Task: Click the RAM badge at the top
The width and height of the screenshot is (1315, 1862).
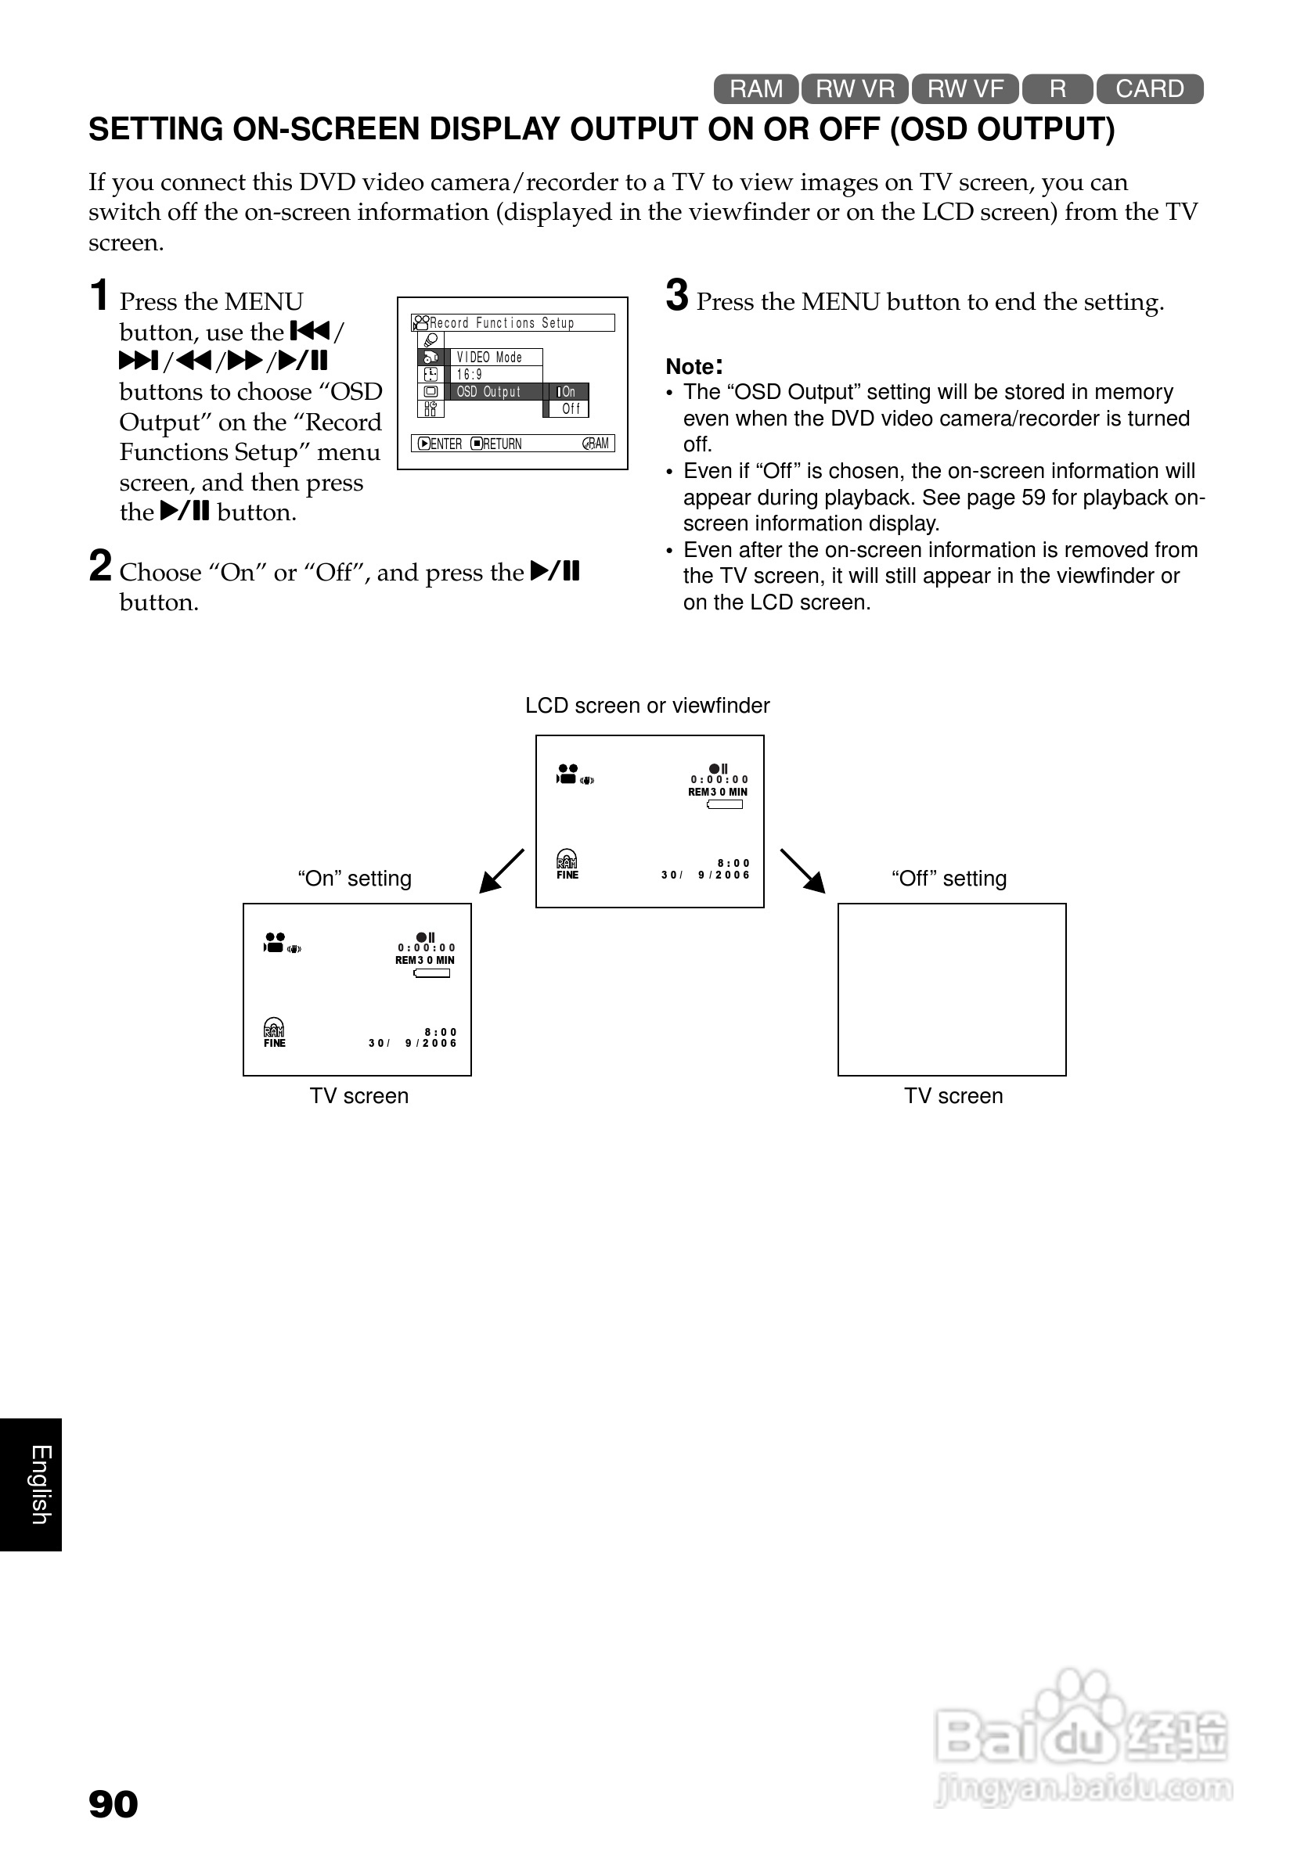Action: [756, 88]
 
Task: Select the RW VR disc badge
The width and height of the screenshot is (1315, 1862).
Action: [855, 88]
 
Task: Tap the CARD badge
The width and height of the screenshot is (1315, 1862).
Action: [1150, 88]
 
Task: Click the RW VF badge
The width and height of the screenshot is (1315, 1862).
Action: [965, 88]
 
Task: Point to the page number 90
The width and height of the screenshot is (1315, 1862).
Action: [113, 1803]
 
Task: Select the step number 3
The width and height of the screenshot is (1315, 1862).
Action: [676, 295]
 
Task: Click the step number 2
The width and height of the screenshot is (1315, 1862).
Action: [99, 566]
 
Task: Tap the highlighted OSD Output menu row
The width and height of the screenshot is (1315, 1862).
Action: [495, 392]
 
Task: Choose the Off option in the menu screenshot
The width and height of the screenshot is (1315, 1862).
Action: [571, 408]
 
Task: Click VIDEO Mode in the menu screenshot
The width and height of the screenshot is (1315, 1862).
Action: [489, 358]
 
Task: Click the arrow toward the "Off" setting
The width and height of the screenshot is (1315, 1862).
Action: [802, 871]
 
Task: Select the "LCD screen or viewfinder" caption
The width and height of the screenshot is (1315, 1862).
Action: [647, 706]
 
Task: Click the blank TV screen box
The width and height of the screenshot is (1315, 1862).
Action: [952, 990]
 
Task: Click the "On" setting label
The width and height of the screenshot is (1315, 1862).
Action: [355, 879]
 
